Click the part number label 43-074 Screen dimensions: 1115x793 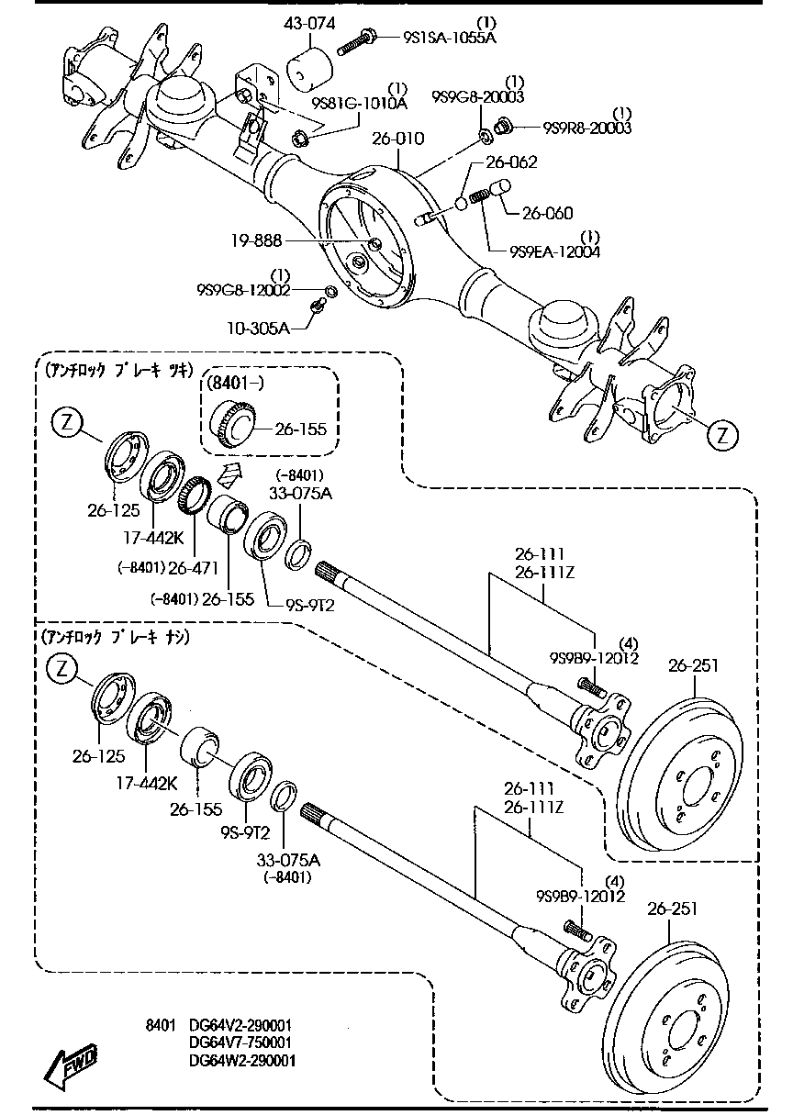coord(310,25)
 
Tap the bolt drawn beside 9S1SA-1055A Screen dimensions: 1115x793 coord(359,39)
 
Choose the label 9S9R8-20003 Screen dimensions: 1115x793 coord(586,128)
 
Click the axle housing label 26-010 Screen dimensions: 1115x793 coord(397,139)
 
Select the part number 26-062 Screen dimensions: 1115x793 coord(511,162)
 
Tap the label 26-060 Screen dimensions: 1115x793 coord(547,214)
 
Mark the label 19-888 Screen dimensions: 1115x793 coord(258,240)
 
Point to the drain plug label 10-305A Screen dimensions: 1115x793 coord(258,327)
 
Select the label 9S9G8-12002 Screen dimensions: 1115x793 coord(242,290)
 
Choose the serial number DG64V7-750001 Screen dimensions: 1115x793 coord(240,1043)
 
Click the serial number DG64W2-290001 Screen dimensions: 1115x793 coord(241,1061)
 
